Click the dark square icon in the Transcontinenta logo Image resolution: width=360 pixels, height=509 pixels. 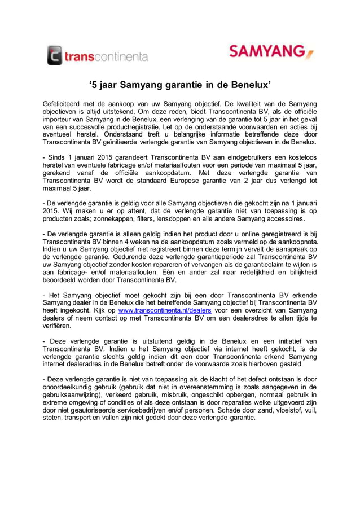[55, 55]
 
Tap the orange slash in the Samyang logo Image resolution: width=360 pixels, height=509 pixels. [310, 54]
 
